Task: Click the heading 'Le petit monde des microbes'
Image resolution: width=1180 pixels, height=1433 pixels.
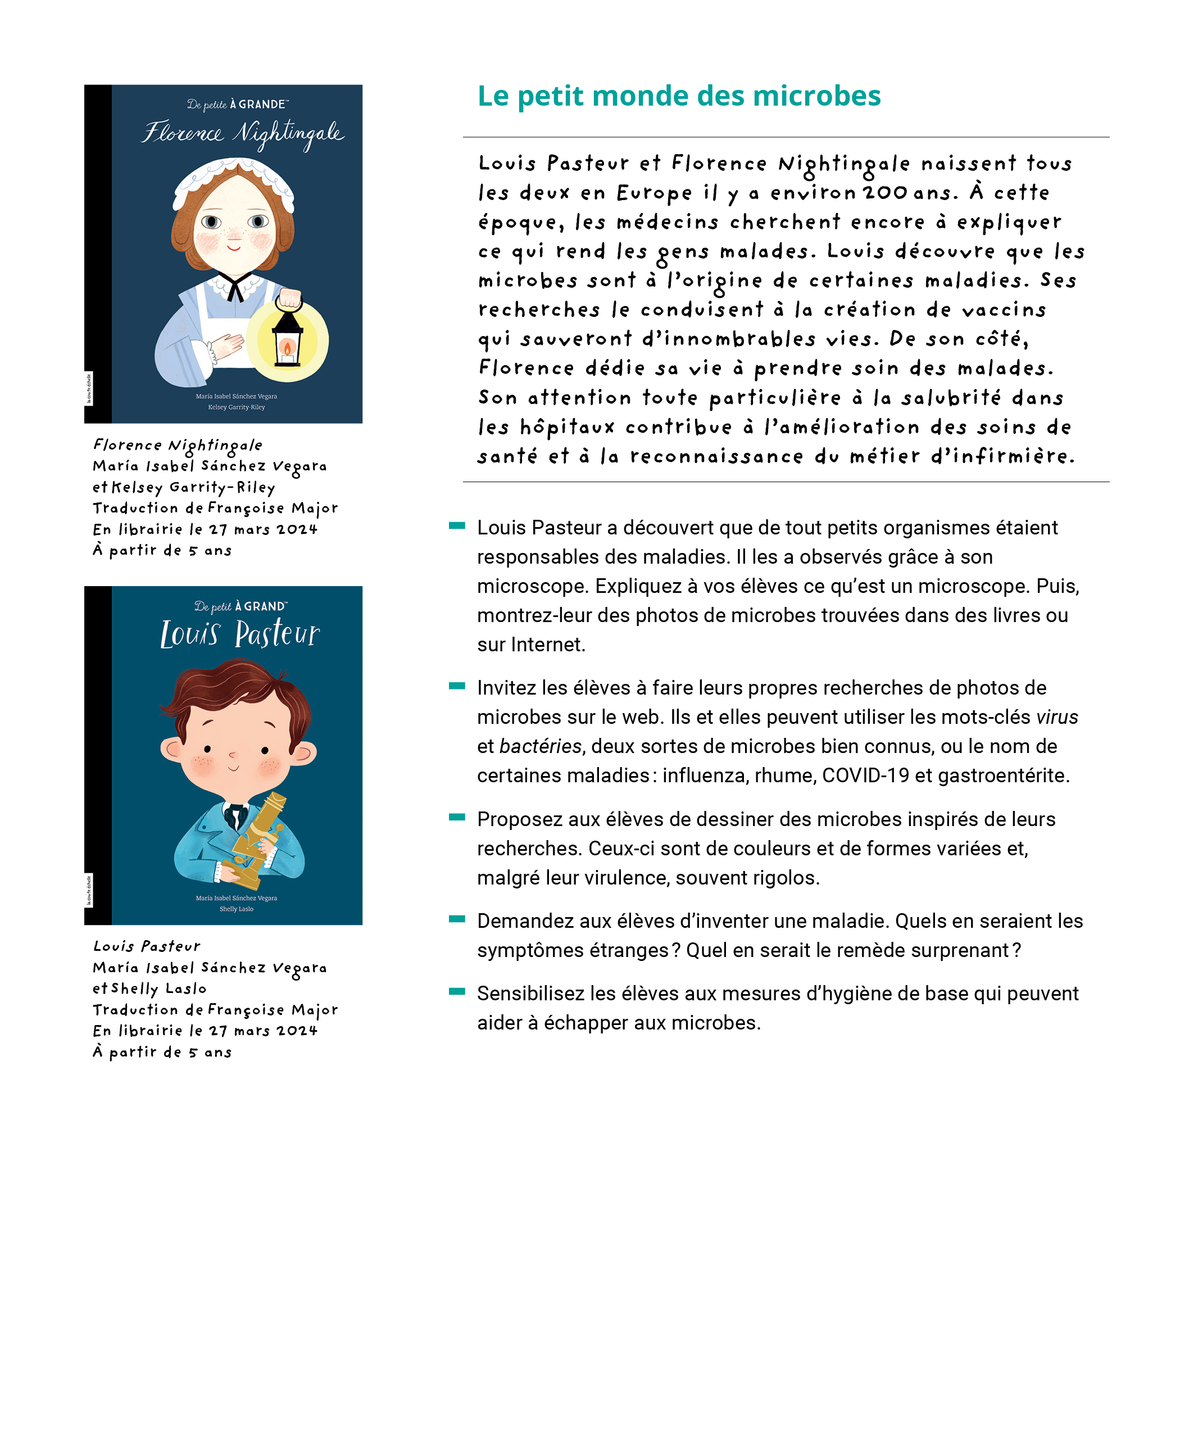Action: tap(678, 96)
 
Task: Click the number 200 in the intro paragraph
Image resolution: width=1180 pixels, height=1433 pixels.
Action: tap(885, 193)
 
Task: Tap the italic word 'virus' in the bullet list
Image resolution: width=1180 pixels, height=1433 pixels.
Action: tap(1057, 717)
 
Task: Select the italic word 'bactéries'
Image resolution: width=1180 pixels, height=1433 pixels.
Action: tap(541, 746)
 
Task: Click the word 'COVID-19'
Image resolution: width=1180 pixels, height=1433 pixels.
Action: tap(865, 776)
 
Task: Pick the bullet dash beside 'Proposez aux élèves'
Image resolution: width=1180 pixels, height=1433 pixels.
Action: tap(457, 817)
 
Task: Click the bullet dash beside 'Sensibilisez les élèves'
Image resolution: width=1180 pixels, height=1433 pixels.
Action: tap(457, 991)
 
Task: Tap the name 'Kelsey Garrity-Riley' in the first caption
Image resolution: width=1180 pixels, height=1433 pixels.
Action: tap(194, 487)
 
